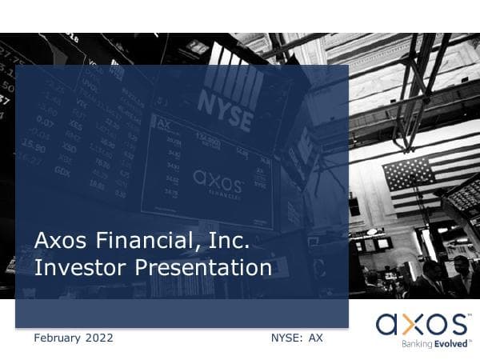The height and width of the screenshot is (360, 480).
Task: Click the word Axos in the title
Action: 59,240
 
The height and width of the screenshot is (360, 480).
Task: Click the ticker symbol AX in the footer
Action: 316,338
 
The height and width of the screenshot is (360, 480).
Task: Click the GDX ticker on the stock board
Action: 62,171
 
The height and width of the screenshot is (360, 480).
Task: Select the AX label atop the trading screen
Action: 164,125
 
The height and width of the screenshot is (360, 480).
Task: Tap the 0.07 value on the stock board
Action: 45,122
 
